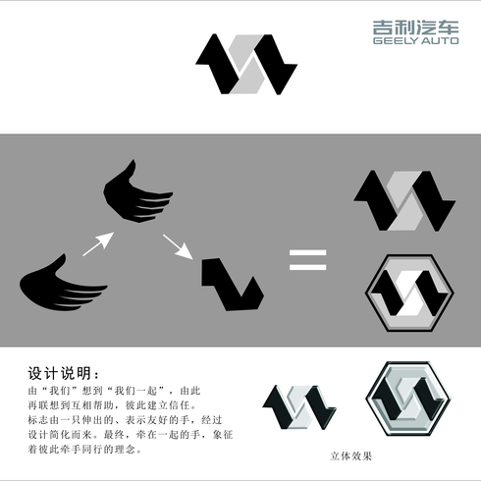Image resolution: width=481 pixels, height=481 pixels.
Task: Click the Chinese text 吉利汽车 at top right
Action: pos(415,27)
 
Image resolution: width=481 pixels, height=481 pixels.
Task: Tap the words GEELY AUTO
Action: pos(415,41)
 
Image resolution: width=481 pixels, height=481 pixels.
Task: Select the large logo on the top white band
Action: pos(246,65)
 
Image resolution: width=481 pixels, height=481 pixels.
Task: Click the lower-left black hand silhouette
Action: pos(63,284)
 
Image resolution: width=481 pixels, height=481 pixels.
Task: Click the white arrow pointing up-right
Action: pos(98,243)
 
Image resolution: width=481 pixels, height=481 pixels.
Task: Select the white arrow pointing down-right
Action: pos(178,246)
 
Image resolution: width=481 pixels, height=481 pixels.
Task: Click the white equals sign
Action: pos(308,260)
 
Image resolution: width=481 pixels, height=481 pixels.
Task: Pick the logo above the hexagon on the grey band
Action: pos(404,200)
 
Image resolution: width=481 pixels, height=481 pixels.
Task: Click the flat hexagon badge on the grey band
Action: pos(409,293)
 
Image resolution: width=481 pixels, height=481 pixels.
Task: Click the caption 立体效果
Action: pos(351,455)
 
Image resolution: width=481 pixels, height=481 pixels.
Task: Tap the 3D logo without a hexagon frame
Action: pos(299,407)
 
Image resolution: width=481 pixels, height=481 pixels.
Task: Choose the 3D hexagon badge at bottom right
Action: pos(408,399)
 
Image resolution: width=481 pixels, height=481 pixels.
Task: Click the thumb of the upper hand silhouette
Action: pos(130,170)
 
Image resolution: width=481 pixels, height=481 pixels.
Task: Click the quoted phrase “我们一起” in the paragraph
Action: pos(137,391)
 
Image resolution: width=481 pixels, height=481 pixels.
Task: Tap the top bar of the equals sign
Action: pos(308,252)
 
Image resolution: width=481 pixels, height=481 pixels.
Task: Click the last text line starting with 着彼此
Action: pos(85,450)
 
